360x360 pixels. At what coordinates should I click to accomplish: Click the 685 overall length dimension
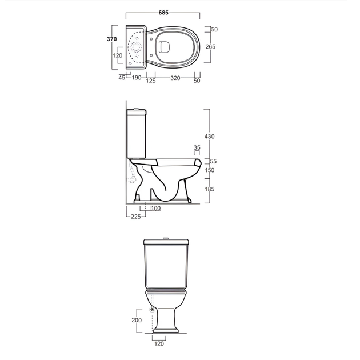tap(163, 13)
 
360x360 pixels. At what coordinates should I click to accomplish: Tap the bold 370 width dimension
tap(112, 39)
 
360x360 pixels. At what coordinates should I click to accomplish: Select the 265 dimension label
tap(210, 47)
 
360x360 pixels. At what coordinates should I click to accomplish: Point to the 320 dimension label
tap(175, 78)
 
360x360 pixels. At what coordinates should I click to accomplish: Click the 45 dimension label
tap(122, 78)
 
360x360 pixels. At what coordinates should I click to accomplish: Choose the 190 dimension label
tap(137, 78)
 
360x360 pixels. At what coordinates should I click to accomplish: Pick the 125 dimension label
tap(151, 81)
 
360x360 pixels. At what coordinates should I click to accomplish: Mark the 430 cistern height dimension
tap(209, 137)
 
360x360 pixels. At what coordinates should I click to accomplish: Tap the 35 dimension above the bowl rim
tap(197, 147)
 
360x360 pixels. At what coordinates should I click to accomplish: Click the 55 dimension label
tap(213, 161)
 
